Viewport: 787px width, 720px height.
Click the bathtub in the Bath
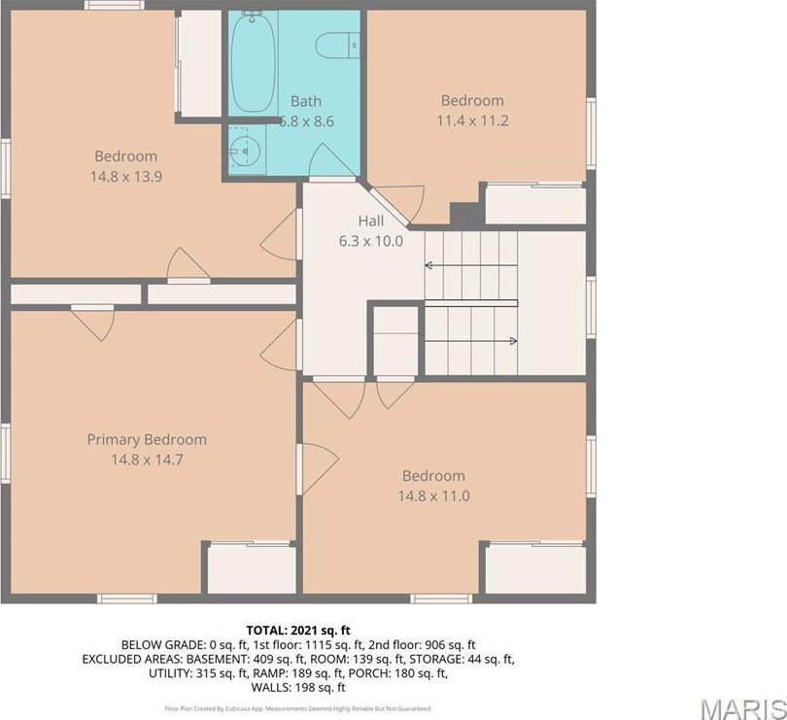click(x=253, y=63)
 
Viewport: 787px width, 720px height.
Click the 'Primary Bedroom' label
click(x=147, y=439)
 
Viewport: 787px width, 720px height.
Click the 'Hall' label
click(x=370, y=222)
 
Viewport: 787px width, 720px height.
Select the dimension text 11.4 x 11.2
click(x=473, y=120)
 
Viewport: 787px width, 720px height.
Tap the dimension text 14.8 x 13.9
click(x=125, y=176)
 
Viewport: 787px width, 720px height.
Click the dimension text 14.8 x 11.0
click(x=433, y=496)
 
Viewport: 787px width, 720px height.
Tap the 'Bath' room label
click(x=305, y=101)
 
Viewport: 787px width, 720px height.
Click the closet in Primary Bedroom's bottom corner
click(x=252, y=569)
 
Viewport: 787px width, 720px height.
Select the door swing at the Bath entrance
click(x=331, y=160)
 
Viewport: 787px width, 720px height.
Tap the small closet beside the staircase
click(x=395, y=341)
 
